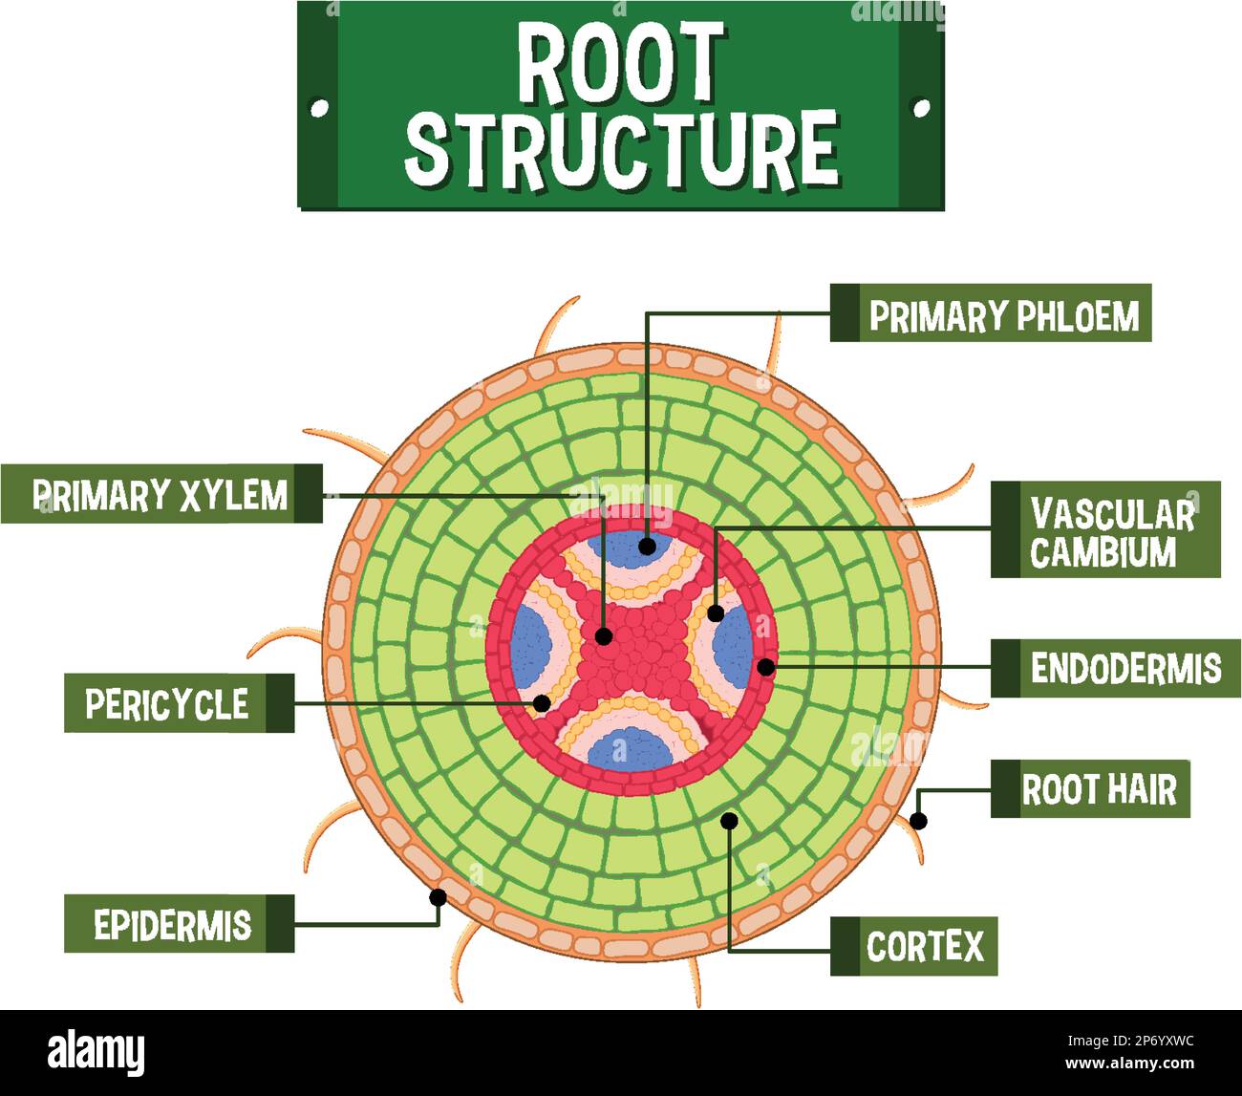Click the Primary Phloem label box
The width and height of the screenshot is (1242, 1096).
click(991, 313)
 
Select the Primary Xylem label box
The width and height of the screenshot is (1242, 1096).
click(161, 494)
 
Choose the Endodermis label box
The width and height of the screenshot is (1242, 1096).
click(1115, 668)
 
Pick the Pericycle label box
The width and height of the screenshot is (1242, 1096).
click(179, 703)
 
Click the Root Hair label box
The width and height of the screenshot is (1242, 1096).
click(1090, 789)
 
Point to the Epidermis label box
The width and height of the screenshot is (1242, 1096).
click(179, 924)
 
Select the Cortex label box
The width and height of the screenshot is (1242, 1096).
click(913, 946)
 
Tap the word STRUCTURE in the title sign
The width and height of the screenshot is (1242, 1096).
click(621, 149)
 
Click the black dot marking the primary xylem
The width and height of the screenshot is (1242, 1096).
click(603, 635)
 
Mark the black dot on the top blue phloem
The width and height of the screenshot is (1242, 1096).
click(647, 547)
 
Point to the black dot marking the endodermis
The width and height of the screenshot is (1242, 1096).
click(765, 667)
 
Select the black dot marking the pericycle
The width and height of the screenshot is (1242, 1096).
click(542, 703)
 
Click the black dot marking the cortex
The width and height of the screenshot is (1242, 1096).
click(729, 820)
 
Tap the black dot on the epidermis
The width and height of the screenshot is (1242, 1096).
click(438, 897)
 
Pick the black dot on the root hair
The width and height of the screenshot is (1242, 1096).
click(918, 820)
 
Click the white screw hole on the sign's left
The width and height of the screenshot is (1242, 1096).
click(320, 108)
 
